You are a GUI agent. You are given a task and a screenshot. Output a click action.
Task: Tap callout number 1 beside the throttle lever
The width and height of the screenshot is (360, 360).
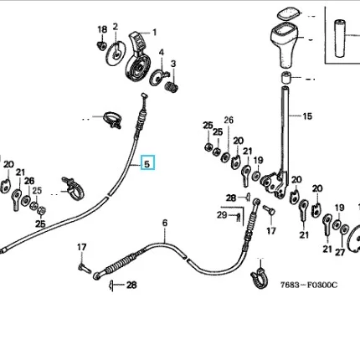pos(154,33)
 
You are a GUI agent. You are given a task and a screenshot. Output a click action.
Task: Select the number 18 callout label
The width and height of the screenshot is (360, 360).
pos(102,29)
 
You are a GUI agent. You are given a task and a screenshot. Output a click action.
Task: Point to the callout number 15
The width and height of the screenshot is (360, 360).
pos(307,116)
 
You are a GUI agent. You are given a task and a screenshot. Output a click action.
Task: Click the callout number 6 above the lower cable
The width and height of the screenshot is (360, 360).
pos(165,223)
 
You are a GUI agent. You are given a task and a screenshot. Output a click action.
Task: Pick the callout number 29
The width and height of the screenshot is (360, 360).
pos(222,215)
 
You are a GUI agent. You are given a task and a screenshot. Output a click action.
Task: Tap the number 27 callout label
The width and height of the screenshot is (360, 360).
pos(340,252)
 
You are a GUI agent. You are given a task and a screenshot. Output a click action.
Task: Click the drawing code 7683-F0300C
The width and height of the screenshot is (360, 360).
pos(309,285)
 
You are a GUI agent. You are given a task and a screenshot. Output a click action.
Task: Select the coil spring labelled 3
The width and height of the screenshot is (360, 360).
pos(172,87)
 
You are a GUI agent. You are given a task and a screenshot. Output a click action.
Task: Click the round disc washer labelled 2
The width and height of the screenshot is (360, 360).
pos(116,54)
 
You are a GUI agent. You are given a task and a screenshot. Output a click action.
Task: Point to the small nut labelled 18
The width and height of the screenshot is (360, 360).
pos(101,45)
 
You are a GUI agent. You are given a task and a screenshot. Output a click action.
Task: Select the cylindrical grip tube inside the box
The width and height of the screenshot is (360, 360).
pos(340,39)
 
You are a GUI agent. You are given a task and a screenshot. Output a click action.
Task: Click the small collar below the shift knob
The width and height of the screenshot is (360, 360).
pos(285,77)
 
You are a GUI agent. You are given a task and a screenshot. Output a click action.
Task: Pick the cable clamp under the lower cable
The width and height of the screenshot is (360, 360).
pos(260,278)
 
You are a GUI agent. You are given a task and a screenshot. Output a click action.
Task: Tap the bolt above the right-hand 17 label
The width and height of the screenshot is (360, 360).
pos(269,210)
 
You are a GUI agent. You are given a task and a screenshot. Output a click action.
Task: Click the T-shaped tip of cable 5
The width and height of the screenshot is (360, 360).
pos(144,95)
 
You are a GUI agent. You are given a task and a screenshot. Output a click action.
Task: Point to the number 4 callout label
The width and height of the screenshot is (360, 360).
pos(162,52)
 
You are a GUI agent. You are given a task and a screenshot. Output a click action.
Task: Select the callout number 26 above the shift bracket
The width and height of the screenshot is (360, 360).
pos(229,120)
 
